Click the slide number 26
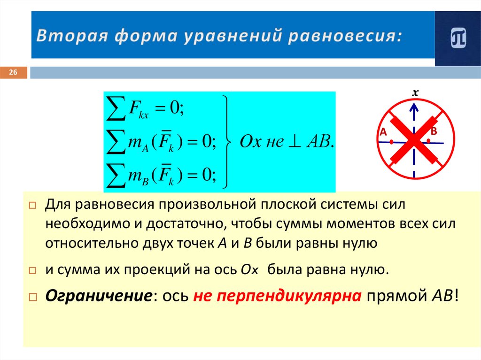pos(13,72)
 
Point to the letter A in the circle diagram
pos(383,133)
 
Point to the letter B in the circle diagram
pos(434,130)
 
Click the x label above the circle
pos(415,93)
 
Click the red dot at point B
pos(429,140)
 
